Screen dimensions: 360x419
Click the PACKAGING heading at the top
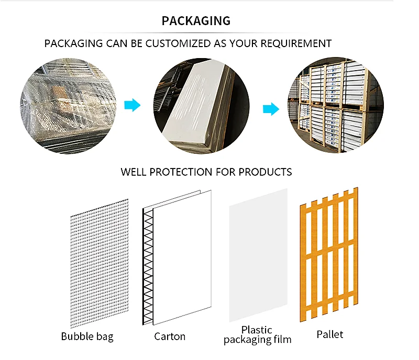pos(196,21)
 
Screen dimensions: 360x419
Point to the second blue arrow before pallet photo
pos(270,109)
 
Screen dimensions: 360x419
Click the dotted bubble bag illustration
pos(100,262)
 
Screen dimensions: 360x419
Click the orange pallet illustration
pos(328,253)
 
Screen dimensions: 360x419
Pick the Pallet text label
pos(330,334)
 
